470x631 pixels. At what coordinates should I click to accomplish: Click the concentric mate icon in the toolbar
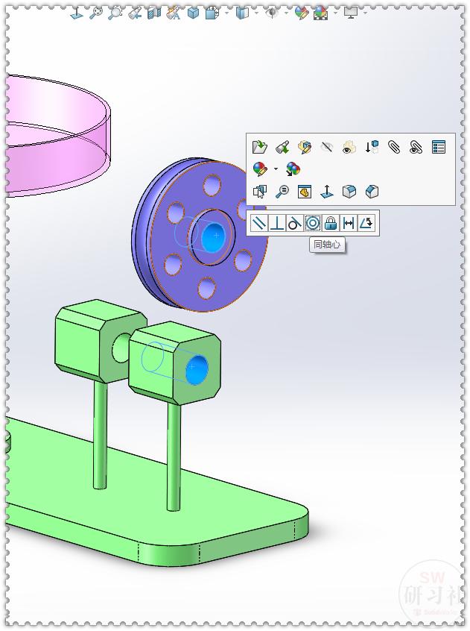tap(313, 222)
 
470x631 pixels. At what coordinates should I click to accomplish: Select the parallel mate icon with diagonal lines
tap(258, 222)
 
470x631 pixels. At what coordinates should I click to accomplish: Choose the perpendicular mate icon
tap(276, 222)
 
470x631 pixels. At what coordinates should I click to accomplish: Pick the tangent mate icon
tap(294, 222)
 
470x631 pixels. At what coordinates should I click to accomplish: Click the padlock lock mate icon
tap(331, 222)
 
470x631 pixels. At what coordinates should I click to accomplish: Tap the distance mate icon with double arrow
tap(349, 222)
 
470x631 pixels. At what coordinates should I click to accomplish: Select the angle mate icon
tap(366, 222)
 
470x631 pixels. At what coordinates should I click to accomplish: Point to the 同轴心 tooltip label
tap(327, 244)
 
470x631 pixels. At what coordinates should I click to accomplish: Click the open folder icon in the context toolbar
tap(259, 147)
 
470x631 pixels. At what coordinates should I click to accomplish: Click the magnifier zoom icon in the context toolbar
tap(282, 192)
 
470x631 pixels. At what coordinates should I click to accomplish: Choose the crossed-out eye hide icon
tap(326, 147)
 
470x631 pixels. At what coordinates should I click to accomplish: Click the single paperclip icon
tap(394, 147)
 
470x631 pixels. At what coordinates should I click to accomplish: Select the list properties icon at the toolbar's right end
tap(439, 147)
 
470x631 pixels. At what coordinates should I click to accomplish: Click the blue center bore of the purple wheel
tap(215, 235)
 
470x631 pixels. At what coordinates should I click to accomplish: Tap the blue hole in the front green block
tap(198, 367)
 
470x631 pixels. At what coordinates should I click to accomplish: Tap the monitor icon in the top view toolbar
tap(350, 13)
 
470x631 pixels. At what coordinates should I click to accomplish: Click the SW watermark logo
tap(432, 589)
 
